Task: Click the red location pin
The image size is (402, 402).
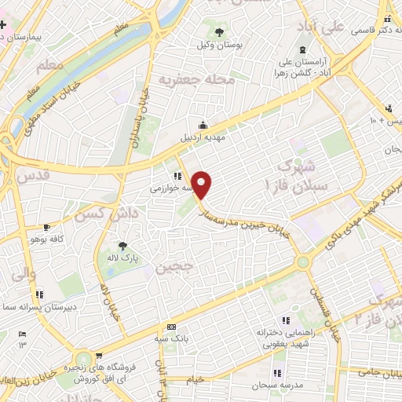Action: [203, 184]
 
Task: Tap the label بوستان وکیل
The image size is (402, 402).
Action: [218, 46]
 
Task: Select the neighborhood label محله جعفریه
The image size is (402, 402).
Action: [197, 79]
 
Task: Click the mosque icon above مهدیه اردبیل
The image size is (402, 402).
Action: [203, 125]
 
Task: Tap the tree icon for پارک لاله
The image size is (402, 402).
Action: [121, 246]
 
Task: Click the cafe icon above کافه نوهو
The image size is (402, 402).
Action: [49, 225]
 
